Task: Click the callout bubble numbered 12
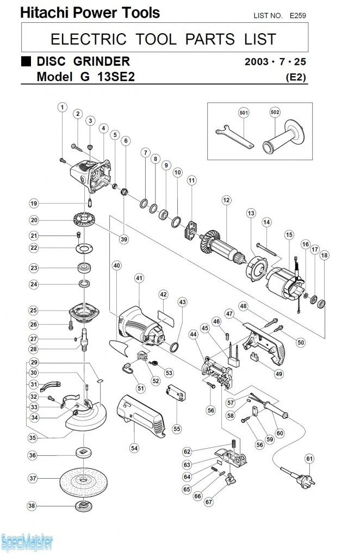point(226,200)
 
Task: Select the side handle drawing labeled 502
point(283,140)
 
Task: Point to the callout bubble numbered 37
point(33,479)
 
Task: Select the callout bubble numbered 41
point(139,278)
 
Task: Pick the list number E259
point(298,16)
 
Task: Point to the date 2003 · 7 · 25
point(275,61)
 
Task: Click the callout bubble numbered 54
point(134,448)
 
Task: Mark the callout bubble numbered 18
point(325,255)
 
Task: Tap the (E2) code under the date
point(296,77)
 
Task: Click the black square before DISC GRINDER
point(26,61)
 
